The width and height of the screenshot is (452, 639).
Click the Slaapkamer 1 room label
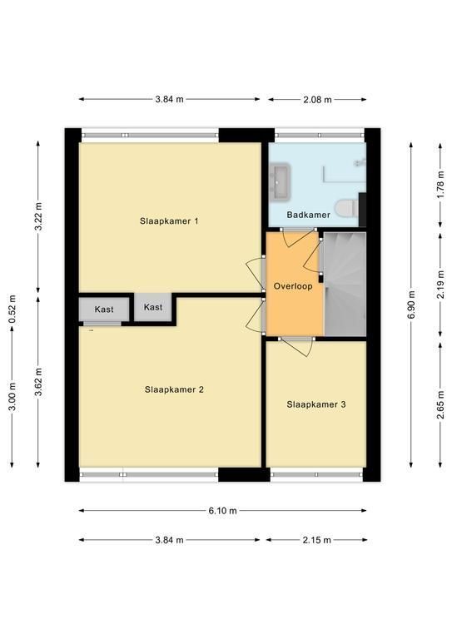(169, 221)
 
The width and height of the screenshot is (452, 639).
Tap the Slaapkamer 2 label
(174, 389)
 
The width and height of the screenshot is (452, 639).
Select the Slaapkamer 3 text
(316, 404)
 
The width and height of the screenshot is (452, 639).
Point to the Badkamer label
(309, 215)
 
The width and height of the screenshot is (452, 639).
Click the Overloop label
(293, 286)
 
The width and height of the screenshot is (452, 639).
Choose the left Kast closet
(104, 310)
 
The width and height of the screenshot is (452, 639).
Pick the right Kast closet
(153, 307)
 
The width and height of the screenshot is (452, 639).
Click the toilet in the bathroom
(346, 209)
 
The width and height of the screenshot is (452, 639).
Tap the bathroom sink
(280, 181)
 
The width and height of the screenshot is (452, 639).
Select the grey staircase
(345, 284)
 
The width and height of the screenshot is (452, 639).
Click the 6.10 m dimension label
(222, 511)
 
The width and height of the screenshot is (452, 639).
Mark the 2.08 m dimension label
(317, 100)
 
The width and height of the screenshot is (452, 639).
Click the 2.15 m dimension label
(317, 540)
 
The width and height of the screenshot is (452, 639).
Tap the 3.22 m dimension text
(38, 216)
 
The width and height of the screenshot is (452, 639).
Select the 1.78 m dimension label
(440, 186)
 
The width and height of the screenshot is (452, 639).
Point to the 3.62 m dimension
(38, 382)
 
